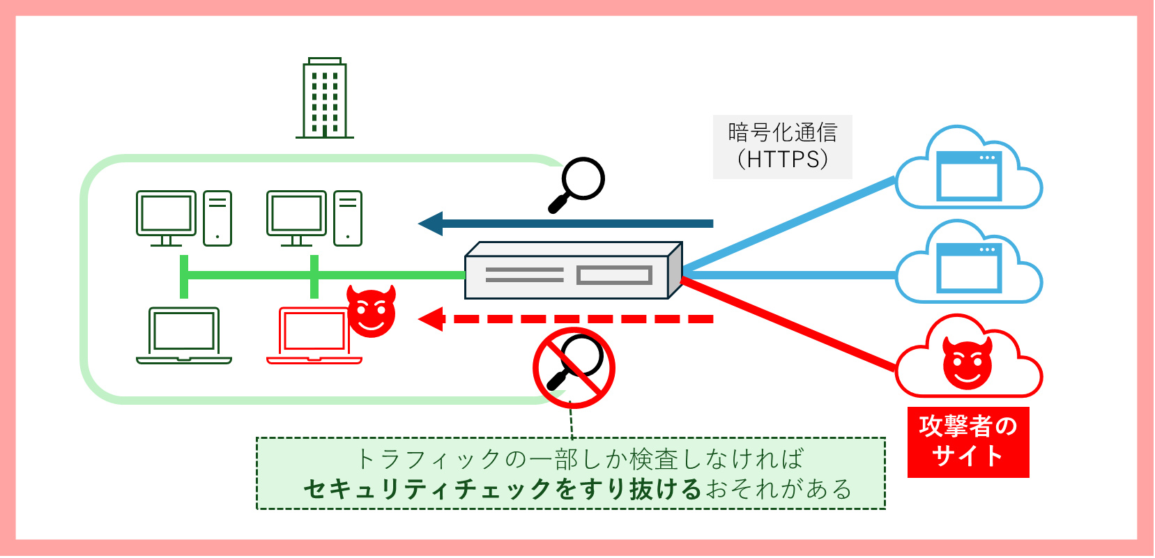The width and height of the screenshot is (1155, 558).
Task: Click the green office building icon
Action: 325,98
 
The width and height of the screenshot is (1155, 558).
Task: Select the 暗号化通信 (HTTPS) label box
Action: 782,146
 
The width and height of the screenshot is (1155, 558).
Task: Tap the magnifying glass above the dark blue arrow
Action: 578,183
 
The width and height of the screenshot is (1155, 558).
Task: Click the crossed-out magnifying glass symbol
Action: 574,367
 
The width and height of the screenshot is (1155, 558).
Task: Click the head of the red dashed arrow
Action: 431,319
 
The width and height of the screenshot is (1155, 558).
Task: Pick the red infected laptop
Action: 314,336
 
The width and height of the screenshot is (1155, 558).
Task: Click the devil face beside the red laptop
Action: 372,311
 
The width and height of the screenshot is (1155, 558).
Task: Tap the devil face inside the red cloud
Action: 967,363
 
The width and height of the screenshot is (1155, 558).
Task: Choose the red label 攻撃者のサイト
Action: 968,442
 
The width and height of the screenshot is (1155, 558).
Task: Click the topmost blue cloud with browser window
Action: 969,171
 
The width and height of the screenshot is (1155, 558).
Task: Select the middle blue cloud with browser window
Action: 969,265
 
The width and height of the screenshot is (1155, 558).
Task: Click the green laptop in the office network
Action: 184,336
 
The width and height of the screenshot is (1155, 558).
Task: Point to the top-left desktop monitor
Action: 166,215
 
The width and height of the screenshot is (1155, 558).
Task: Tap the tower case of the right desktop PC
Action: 348,218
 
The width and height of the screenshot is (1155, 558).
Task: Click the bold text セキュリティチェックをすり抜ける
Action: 502,489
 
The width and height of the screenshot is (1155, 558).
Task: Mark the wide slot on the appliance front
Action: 614,275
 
